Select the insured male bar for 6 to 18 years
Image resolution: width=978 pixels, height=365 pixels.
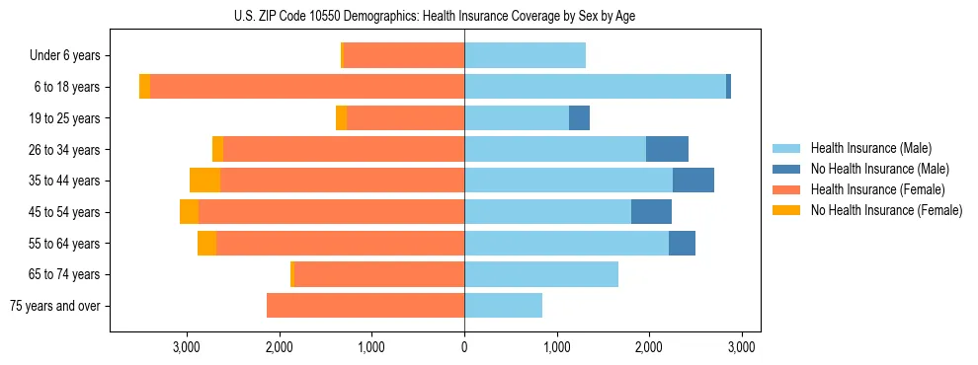tap(595, 87)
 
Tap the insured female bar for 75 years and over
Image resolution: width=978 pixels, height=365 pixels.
tap(366, 306)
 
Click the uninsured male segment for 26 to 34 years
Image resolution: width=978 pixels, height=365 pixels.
tap(667, 149)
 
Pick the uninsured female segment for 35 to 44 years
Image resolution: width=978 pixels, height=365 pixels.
tap(204, 181)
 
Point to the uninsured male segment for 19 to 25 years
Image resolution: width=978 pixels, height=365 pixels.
tap(579, 118)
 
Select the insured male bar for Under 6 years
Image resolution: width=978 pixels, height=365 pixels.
tap(525, 55)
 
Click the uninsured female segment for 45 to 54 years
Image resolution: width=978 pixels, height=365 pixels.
tap(189, 212)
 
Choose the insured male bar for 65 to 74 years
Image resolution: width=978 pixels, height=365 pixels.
tap(541, 274)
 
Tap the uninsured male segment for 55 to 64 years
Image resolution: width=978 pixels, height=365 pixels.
tap(682, 243)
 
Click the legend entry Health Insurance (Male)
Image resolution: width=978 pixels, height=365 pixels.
tap(870, 148)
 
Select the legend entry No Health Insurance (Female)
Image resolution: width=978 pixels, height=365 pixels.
tap(886, 210)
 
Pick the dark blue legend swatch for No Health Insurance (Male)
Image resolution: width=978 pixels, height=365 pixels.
tap(786, 169)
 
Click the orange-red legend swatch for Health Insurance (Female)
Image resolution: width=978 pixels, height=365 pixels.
tap(786, 189)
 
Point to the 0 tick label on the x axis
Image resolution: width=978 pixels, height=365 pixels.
tap(464, 346)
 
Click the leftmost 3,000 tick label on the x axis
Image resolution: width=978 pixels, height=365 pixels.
tap(187, 346)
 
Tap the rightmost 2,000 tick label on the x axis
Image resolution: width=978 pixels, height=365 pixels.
tap(649, 346)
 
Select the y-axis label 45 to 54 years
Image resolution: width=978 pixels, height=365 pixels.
tap(65, 212)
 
